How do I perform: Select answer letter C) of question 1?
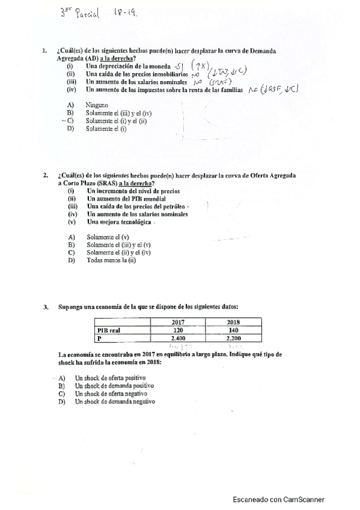pyautogui.click(x=70, y=121)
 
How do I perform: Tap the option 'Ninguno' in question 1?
pyautogui.click(x=97, y=105)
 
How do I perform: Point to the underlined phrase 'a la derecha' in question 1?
pyautogui.click(x=117, y=59)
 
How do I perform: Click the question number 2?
pyautogui.click(x=44, y=176)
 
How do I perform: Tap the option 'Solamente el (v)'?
pyautogui.click(x=108, y=237)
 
